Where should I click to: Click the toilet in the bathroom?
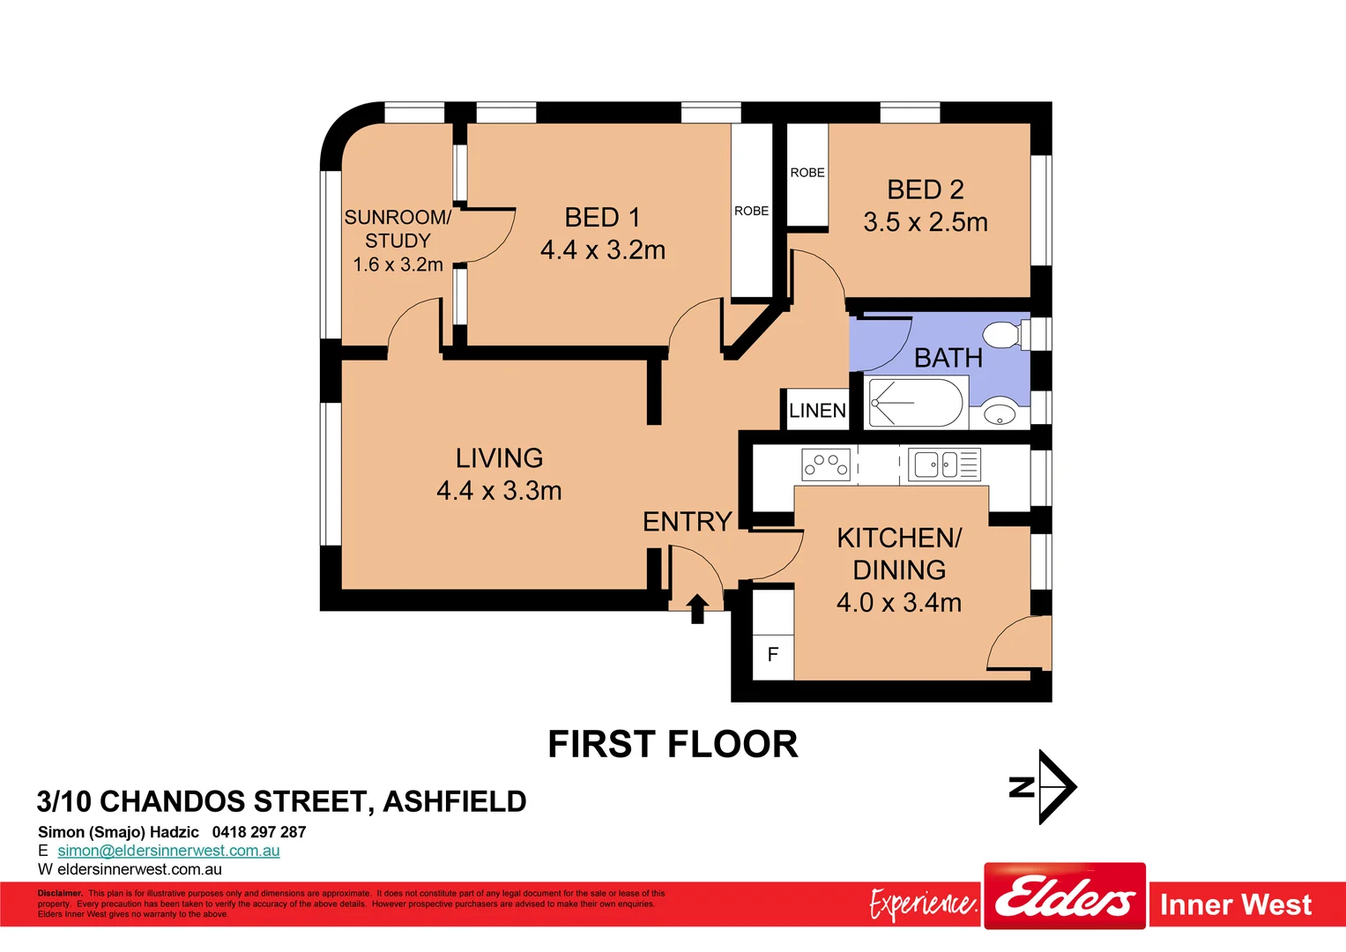click(x=1003, y=336)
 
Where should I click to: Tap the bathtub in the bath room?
click(x=916, y=403)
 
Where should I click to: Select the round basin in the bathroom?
click(x=1000, y=413)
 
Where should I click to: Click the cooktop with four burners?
click(x=826, y=464)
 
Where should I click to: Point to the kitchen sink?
click(x=934, y=464)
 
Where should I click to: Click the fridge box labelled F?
click(x=773, y=655)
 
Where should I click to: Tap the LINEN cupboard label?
click(x=817, y=411)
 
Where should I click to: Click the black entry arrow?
click(x=697, y=608)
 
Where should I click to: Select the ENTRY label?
click(x=688, y=522)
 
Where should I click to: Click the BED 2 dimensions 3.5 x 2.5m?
click(x=926, y=222)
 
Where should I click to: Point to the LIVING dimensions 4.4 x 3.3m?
click(x=499, y=491)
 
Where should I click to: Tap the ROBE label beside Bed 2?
click(x=807, y=173)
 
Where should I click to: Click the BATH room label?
click(x=948, y=358)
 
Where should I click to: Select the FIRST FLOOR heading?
click(x=673, y=745)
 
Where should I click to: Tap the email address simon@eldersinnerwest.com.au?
click(x=168, y=851)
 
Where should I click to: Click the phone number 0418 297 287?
click(x=259, y=832)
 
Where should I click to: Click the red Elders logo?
click(x=1065, y=896)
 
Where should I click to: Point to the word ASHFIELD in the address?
click(x=455, y=801)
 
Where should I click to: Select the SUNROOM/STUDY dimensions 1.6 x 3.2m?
click(x=398, y=264)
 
